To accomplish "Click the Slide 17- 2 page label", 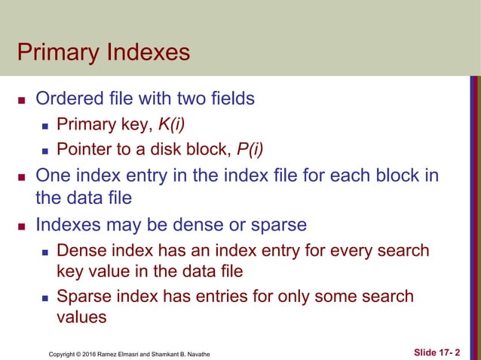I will pyautogui.click(x=440, y=352).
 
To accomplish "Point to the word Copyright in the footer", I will pyautogui.click(x=63, y=353).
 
